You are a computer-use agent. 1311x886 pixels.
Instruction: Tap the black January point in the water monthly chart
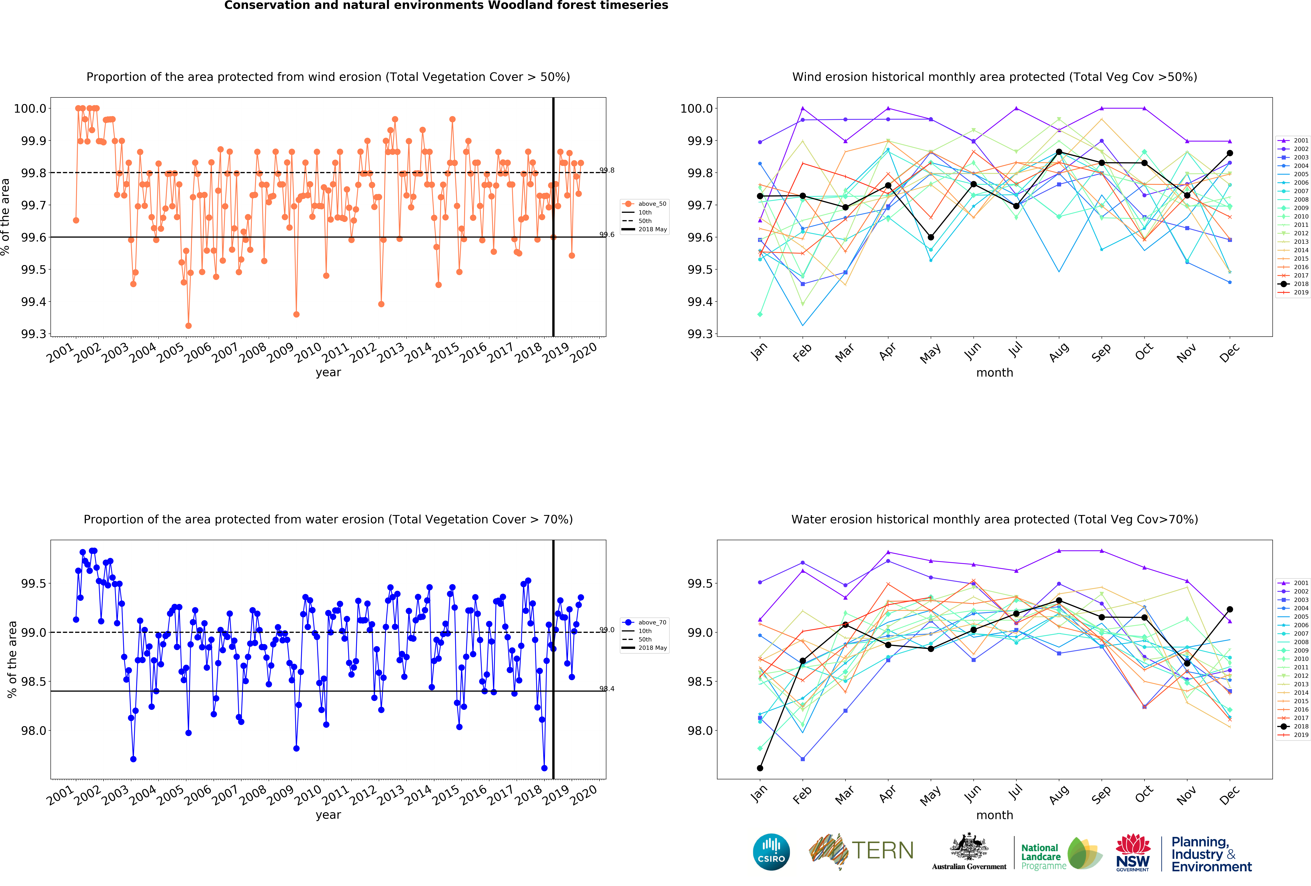(x=760, y=768)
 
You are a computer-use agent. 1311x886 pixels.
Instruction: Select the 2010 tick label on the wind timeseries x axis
(x=309, y=353)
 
